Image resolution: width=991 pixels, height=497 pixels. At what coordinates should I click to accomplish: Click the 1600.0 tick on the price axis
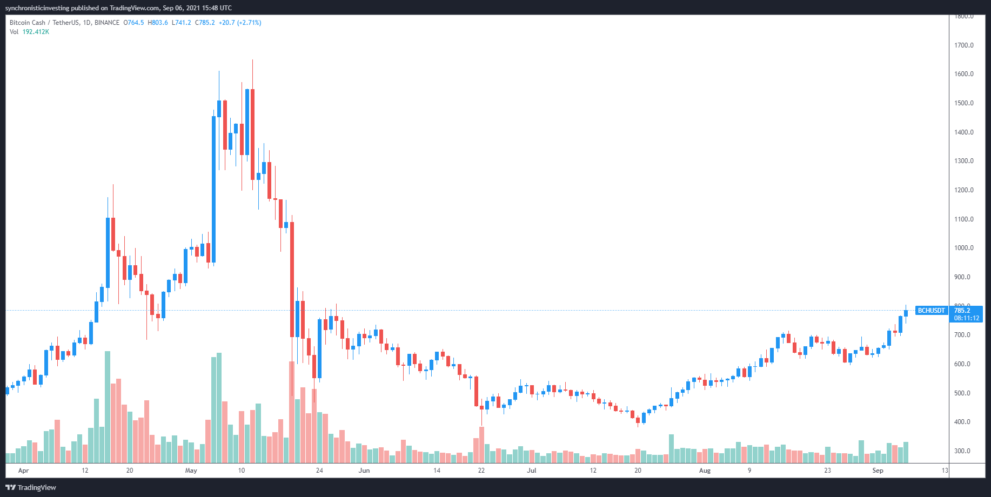963,74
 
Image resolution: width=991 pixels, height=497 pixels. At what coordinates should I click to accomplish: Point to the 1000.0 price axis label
963,248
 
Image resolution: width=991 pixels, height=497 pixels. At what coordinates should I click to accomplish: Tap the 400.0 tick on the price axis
962,422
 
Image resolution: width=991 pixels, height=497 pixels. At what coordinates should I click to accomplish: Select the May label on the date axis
191,471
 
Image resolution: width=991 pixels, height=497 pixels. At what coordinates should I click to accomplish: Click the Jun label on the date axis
364,471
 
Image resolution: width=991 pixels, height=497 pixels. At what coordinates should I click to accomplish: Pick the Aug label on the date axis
705,471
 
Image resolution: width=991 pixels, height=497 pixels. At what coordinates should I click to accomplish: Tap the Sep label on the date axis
878,471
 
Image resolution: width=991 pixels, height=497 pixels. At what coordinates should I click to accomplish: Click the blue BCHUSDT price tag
932,311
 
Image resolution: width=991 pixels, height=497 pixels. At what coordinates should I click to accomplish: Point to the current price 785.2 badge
962,311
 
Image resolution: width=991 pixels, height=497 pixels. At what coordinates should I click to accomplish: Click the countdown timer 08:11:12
966,318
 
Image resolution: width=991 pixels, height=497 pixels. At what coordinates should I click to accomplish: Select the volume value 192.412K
36,32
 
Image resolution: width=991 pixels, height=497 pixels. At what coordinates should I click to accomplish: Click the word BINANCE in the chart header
107,23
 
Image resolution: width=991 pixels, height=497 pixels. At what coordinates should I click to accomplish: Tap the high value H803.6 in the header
158,23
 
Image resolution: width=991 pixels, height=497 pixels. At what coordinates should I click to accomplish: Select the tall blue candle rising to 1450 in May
214,189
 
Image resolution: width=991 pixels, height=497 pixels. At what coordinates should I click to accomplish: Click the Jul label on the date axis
532,471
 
